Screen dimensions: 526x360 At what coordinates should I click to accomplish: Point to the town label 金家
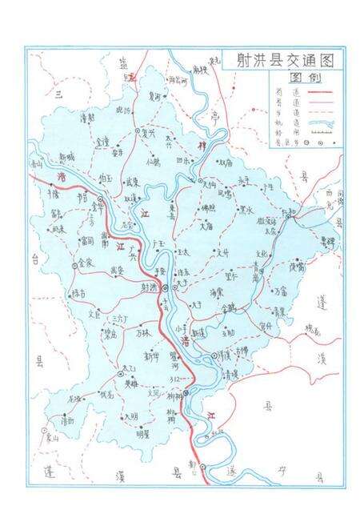click(86, 263)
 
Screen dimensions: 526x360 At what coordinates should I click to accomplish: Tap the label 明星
click(143, 434)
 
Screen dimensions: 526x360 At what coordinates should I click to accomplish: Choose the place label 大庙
click(206, 227)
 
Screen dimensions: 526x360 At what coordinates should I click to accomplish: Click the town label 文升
click(227, 251)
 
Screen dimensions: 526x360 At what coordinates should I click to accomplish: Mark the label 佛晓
click(208, 208)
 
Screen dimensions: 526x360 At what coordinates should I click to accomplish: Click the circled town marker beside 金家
click(76, 263)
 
